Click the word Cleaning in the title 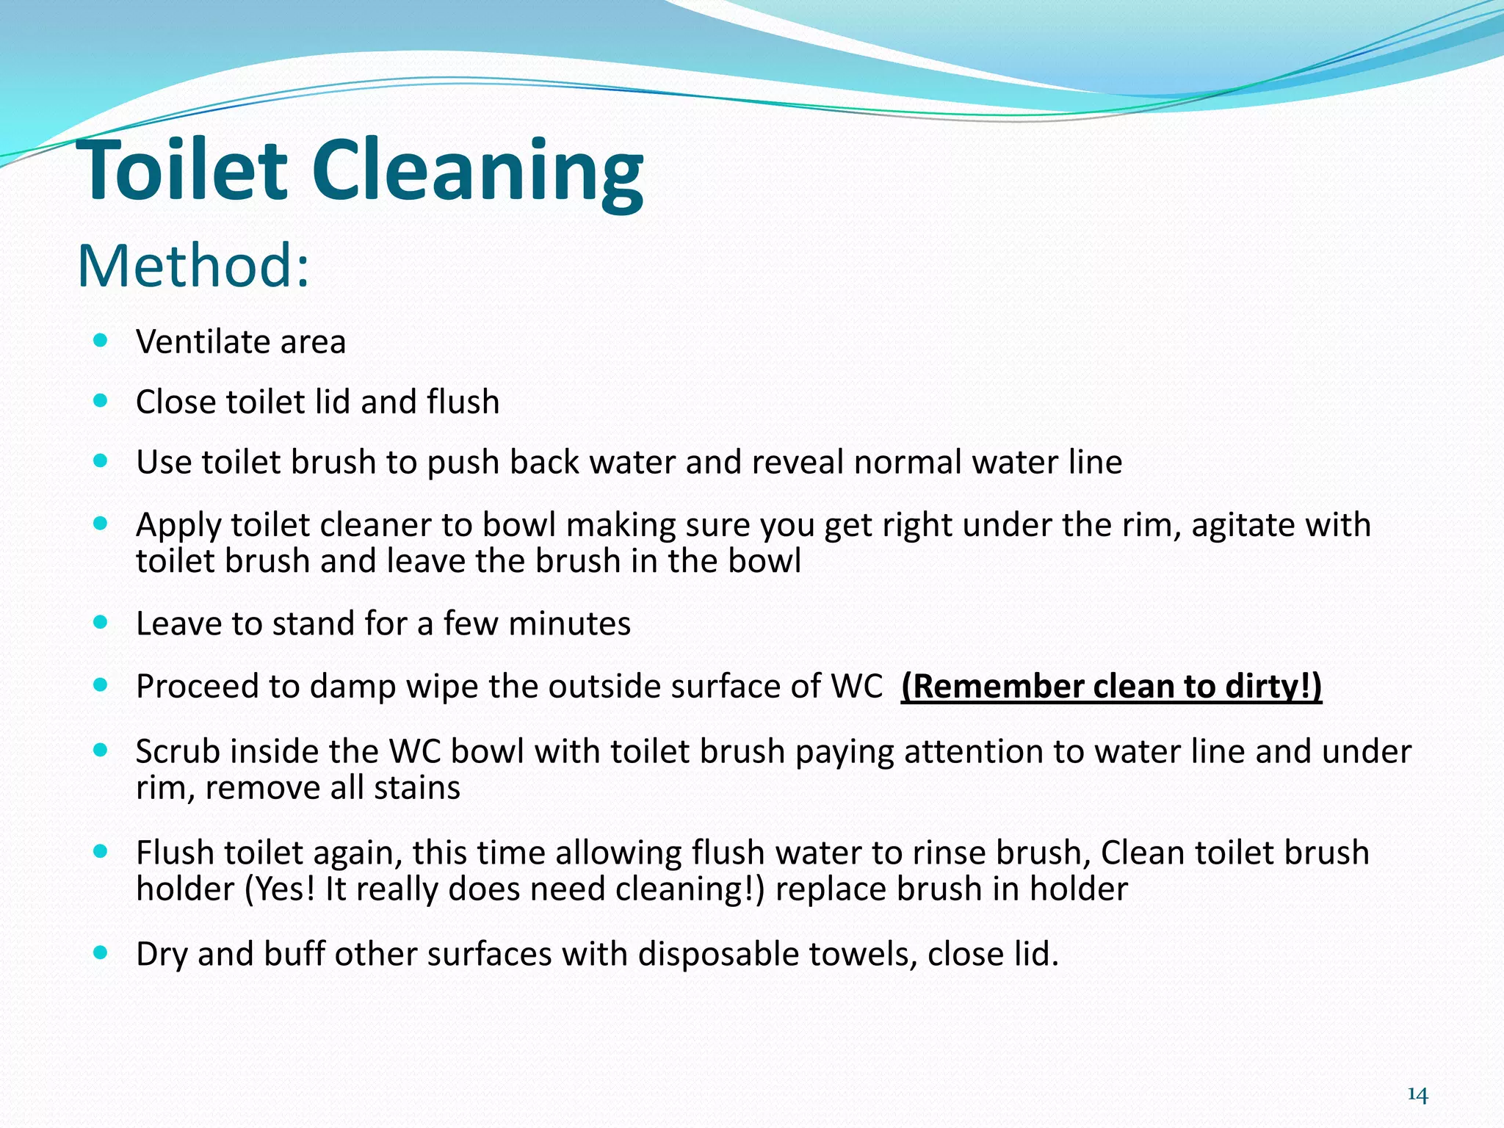click(477, 173)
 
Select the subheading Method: click(193, 265)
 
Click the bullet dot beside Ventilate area click(101, 340)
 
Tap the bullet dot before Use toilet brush click(101, 460)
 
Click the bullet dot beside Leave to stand click(101, 622)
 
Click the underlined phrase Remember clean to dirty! click(1111, 687)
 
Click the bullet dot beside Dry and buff click(101, 952)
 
